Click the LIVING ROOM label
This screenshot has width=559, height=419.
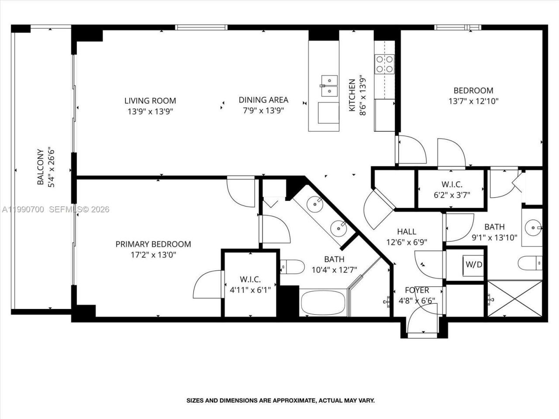pyautogui.click(x=150, y=101)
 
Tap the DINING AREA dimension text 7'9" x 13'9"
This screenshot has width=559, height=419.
pyautogui.click(x=263, y=111)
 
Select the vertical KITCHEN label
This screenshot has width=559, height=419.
pyautogui.click(x=352, y=95)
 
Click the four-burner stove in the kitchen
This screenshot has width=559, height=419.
pyautogui.click(x=384, y=64)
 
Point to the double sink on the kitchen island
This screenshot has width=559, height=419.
pyautogui.click(x=329, y=86)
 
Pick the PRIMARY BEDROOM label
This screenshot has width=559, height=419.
pyautogui.click(x=153, y=244)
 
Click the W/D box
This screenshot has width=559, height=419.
pyautogui.click(x=474, y=264)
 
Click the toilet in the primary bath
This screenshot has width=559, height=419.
pyautogui.click(x=292, y=266)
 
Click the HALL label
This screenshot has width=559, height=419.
pyautogui.click(x=406, y=232)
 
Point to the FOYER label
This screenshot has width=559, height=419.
pyautogui.click(x=417, y=290)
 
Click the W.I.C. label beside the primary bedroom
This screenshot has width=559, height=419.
pyautogui.click(x=250, y=279)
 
